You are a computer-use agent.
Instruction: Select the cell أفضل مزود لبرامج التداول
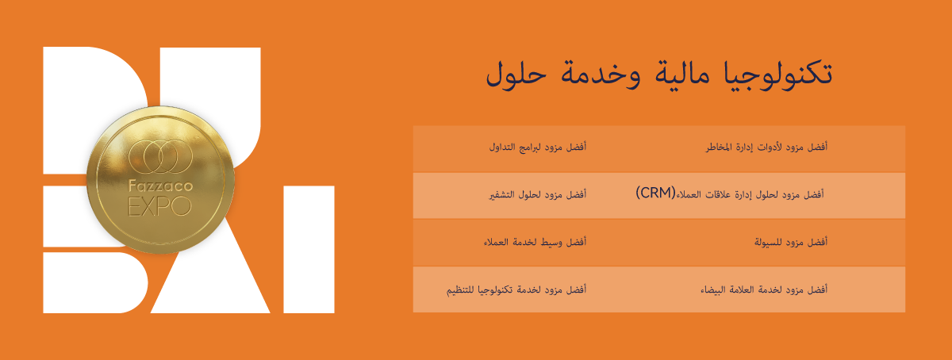tap(538, 147)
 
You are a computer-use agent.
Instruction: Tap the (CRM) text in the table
tap(655, 193)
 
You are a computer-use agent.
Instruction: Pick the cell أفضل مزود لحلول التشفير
tap(538, 194)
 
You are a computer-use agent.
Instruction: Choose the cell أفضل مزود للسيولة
tap(791, 243)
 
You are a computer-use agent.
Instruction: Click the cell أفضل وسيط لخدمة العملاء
tap(535, 243)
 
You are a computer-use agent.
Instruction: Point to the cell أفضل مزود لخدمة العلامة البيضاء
tap(764, 290)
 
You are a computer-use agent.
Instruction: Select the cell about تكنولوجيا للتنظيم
tap(516, 290)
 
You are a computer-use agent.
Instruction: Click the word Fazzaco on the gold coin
tap(160, 186)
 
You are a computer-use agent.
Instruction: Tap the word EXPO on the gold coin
tap(159, 207)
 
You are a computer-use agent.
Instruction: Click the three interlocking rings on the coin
tap(160, 156)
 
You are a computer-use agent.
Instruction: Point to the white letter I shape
tap(309, 250)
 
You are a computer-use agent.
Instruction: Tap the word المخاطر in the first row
tap(722, 147)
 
